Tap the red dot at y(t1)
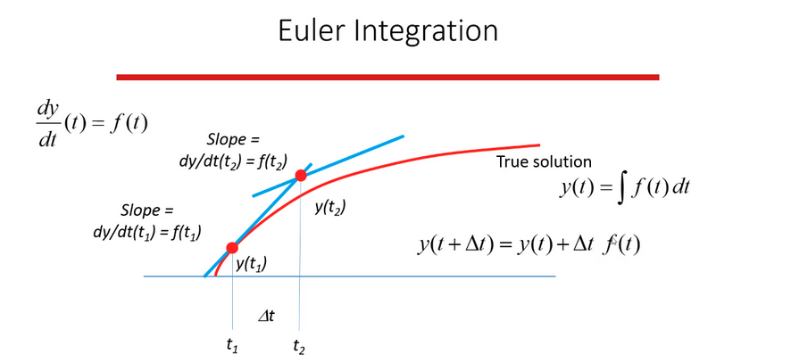pos(232,247)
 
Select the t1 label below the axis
pos(231,342)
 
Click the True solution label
pos(544,163)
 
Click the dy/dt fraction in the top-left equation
pos(46,121)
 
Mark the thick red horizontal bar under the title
pos(388,77)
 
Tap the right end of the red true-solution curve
pos(538,144)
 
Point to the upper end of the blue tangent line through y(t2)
pos(403,136)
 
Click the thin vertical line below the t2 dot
pos(300,268)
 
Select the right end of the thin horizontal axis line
pos(554,276)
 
